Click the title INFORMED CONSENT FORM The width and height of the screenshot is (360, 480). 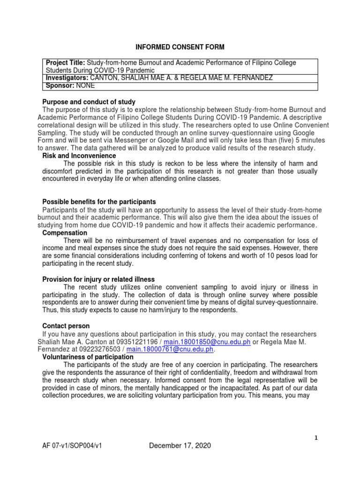tap(180, 47)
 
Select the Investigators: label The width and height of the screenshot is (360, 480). tap(66, 78)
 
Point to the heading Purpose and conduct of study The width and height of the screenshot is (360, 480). tap(89, 102)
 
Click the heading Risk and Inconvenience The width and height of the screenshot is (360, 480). tap(79, 156)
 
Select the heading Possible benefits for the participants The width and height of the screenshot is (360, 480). tap(99, 202)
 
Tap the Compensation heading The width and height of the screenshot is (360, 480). tap(65, 232)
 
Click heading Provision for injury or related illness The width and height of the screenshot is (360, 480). tap(98, 279)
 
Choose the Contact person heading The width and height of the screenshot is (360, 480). tap(66, 325)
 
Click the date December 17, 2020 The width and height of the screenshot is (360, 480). tap(180, 446)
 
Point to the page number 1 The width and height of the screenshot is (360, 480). tap(316, 438)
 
